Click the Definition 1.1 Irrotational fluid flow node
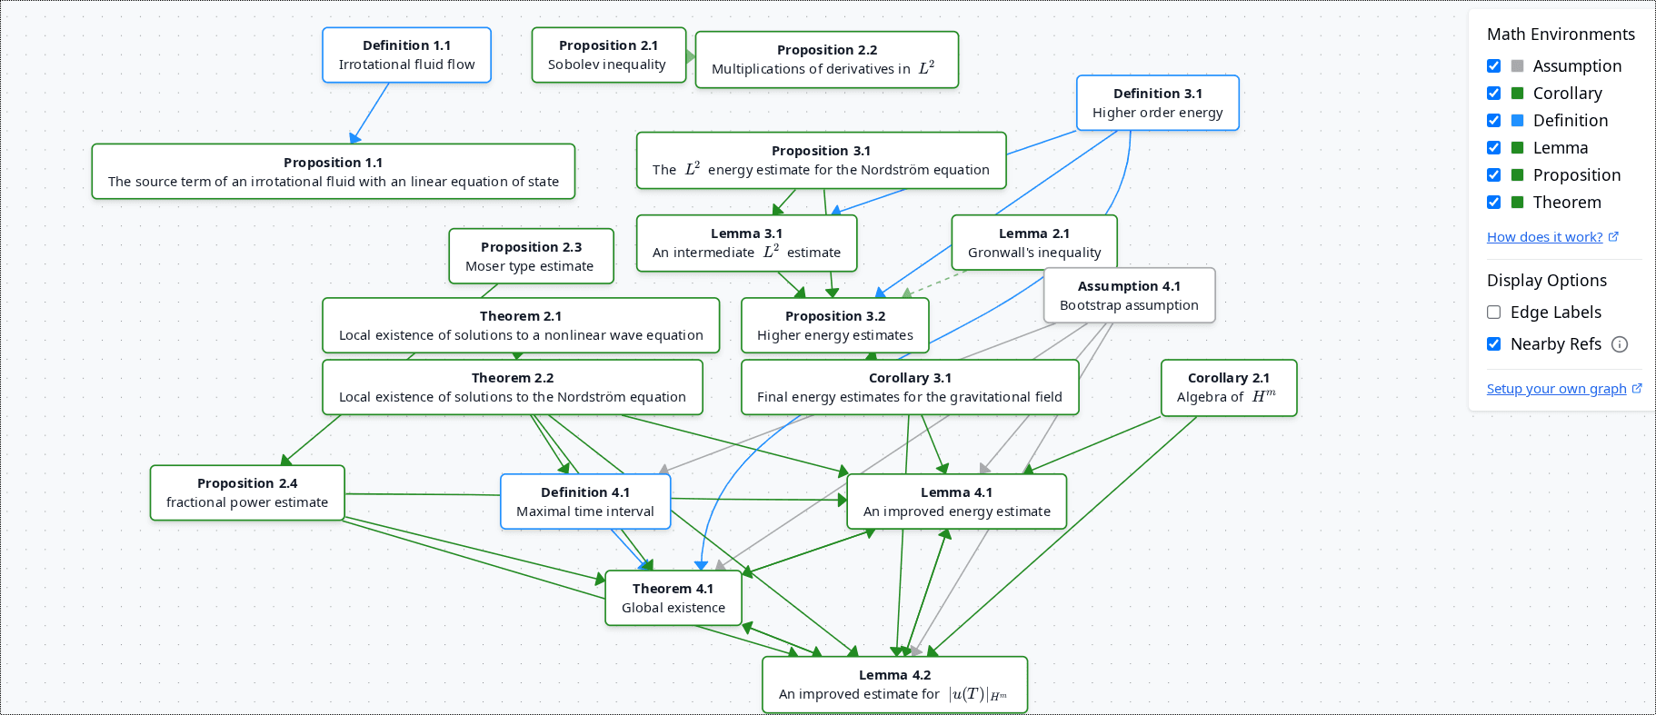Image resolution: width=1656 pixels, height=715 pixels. pos(406,55)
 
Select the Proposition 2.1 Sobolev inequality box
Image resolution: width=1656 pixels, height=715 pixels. pos(608,55)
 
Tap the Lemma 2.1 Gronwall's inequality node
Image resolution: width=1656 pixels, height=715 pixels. pos(1033,243)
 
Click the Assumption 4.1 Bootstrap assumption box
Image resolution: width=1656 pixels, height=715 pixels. pos(1128,295)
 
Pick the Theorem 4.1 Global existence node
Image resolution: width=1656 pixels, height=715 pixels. pos(673,598)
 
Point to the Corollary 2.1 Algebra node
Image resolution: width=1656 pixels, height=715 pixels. pos(1228,388)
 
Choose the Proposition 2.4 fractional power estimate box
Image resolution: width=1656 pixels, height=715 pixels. pos(247,492)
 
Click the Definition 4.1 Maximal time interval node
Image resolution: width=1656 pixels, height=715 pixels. pos(585,501)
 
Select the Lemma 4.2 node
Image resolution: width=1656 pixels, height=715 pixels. pos(894,684)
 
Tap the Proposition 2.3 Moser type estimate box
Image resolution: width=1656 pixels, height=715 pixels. pos(531,256)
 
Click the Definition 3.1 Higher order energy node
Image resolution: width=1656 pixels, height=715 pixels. pos(1157,103)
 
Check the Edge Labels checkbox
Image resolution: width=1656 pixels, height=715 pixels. pos(1493,313)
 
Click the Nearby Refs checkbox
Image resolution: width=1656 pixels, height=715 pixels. pos(1493,344)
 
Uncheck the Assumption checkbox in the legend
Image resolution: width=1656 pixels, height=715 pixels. pos(1493,66)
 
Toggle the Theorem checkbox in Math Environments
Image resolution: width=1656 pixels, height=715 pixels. pos(1493,203)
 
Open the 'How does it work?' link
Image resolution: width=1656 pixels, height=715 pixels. pos(1544,237)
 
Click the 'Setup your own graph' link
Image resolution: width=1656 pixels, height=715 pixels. pos(1556,389)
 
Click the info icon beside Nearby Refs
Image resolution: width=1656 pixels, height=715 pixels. pos(1620,344)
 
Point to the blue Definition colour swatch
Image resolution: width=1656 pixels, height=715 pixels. pos(1517,121)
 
